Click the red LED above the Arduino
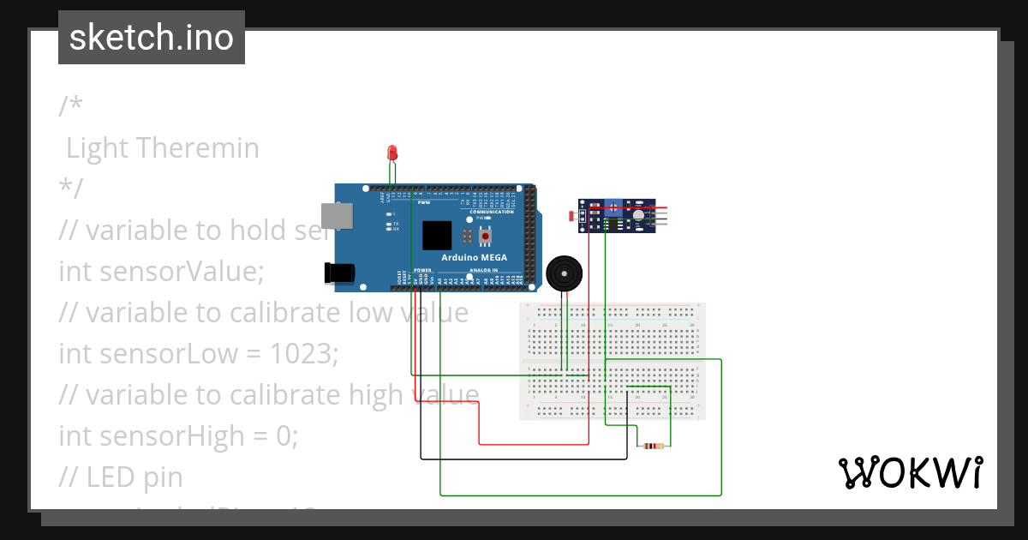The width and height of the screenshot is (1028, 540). (392, 153)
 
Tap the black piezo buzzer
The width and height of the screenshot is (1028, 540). (562, 274)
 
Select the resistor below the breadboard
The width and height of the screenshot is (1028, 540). (654, 446)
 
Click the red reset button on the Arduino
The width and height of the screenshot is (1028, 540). (486, 236)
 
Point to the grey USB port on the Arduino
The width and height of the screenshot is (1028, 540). (336, 215)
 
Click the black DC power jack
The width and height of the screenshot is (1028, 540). (338, 273)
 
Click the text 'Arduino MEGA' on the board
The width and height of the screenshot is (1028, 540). (474, 257)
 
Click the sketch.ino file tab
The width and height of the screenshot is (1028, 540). (152, 38)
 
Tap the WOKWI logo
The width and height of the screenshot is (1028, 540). (910, 472)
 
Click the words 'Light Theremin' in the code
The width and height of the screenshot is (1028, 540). (163, 148)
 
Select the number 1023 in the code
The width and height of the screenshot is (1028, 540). (302, 353)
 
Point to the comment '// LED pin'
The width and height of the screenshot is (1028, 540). (121, 477)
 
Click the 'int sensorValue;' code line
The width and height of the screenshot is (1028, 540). (162, 272)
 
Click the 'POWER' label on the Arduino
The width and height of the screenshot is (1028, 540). (423, 270)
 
